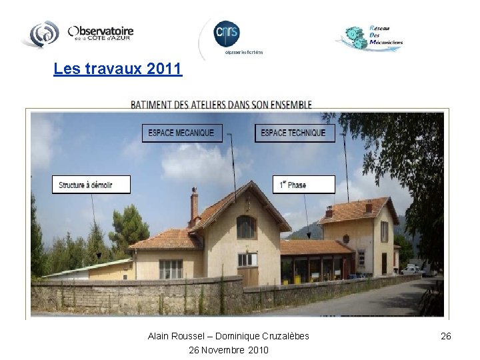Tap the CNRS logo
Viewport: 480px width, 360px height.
[227, 34]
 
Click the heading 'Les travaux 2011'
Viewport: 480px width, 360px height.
[117, 69]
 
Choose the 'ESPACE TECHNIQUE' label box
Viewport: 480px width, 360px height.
[293, 133]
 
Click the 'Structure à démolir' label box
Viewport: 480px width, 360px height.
[91, 185]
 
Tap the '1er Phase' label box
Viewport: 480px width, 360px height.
[304, 185]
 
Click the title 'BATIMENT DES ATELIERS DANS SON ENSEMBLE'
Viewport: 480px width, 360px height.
[221, 105]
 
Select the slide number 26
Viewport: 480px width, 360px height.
[446, 336]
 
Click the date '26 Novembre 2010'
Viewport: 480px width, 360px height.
[229, 349]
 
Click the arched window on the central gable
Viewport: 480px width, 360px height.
[246, 227]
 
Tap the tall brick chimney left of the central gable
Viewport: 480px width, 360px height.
[194, 207]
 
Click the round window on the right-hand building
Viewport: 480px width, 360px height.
[346, 239]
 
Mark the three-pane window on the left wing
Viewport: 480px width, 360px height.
[171, 269]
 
